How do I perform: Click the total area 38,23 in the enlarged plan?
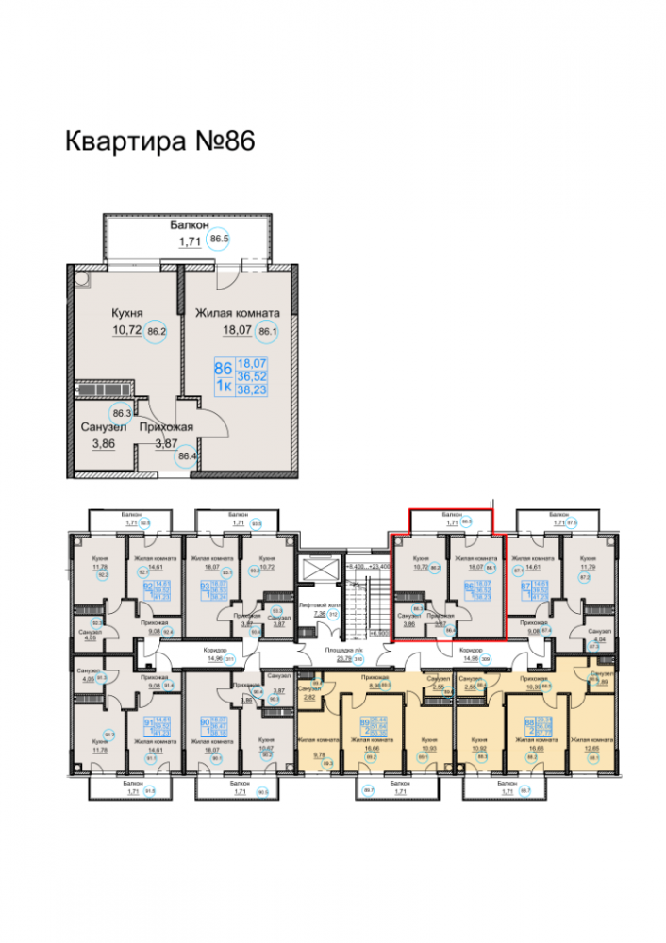(x=252, y=389)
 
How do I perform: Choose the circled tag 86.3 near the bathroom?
(x=121, y=412)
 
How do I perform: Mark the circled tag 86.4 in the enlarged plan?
(x=188, y=459)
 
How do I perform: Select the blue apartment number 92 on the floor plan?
(x=147, y=587)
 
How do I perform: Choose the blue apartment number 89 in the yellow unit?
(x=365, y=722)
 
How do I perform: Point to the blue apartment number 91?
(x=147, y=724)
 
